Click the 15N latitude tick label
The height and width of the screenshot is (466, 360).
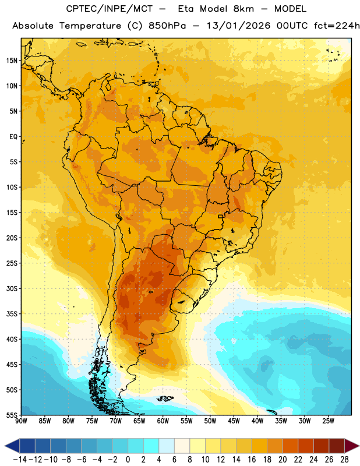[x=12, y=61]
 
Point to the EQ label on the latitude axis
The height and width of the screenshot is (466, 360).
[x=13, y=137]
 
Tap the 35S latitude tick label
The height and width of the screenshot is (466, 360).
[x=12, y=314]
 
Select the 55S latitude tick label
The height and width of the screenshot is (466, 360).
[x=12, y=415]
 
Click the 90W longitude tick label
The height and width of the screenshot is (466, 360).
[x=21, y=421]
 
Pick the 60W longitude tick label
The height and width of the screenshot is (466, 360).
[x=163, y=421]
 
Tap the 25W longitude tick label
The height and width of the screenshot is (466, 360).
[x=328, y=421]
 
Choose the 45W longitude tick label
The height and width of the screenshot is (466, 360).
[x=234, y=421]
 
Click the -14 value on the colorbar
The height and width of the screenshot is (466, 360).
[x=20, y=460]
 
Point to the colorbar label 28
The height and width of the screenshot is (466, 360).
[x=344, y=460]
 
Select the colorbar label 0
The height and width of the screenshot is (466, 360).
[x=128, y=460]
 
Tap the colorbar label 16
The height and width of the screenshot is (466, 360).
[x=252, y=460]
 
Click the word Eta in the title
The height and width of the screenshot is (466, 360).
[x=186, y=9]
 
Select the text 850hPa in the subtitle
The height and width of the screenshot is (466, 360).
[x=167, y=26]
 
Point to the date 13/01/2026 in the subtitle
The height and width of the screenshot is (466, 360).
[x=238, y=26]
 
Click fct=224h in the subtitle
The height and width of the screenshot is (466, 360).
[x=337, y=26]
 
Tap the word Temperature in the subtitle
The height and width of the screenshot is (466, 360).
[x=90, y=26]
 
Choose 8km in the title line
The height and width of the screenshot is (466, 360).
[x=243, y=9]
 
